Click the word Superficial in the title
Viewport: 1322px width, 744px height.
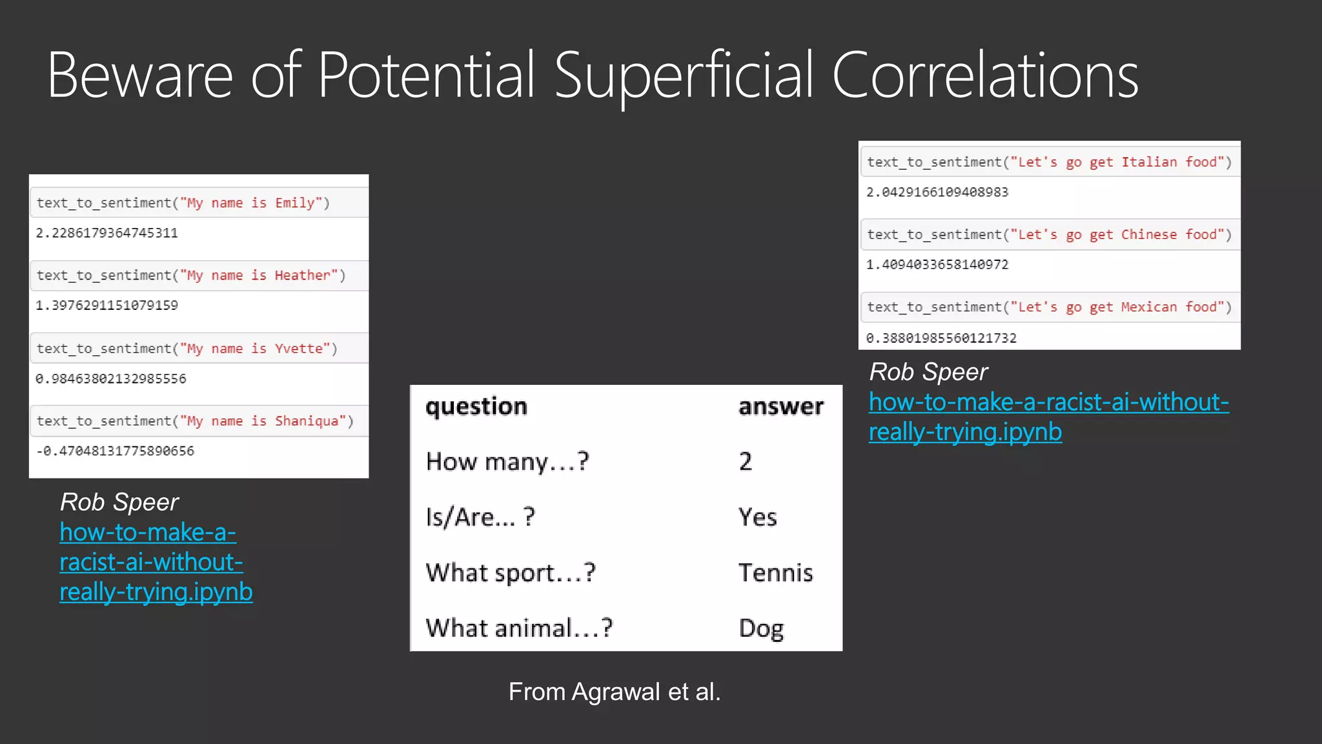[x=684, y=76]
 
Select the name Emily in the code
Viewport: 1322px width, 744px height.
[x=295, y=203]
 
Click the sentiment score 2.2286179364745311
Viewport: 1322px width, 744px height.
[x=107, y=232]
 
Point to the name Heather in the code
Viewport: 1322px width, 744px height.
[x=302, y=276]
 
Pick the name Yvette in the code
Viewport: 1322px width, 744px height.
[x=298, y=349]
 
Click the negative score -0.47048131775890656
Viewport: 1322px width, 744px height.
[x=115, y=451]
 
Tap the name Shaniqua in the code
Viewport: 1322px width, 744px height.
[x=307, y=421]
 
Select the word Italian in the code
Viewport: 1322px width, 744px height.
[x=1149, y=162]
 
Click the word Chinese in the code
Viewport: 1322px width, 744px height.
[x=1149, y=234]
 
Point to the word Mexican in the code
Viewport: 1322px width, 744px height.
[x=1149, y=307]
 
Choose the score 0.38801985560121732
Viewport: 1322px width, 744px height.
[x=941, y=338]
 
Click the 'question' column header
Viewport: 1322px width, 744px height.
[x=476, y=406]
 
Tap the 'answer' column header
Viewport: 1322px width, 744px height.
[x=781, y=406]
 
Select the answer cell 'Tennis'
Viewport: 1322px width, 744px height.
[x=775, y=573]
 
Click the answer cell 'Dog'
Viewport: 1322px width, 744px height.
[x=761, y=628]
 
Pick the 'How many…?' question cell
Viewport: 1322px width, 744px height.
[x=507, y=462]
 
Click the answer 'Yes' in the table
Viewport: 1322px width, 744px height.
[x=757, y=517]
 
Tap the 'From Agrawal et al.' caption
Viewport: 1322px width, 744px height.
[x=614, y=692]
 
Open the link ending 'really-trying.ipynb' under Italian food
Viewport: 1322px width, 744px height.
[x=965, y=432]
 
